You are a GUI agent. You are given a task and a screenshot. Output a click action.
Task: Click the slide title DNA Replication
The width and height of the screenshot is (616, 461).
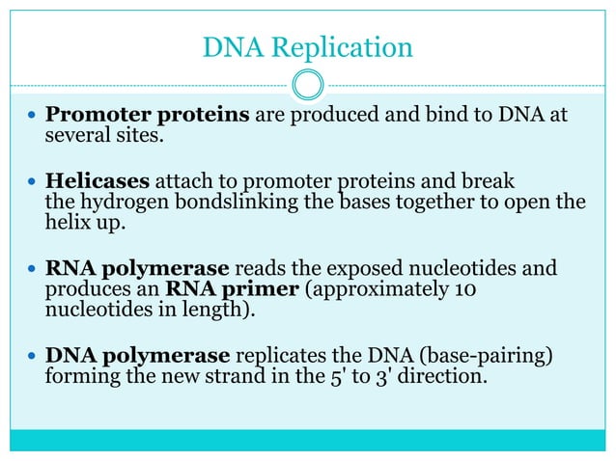coord(308,45)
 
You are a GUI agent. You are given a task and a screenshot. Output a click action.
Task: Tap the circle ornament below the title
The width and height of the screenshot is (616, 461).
coord(308,85)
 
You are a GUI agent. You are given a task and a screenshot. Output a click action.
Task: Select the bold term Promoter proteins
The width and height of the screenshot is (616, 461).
coord(149,117)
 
